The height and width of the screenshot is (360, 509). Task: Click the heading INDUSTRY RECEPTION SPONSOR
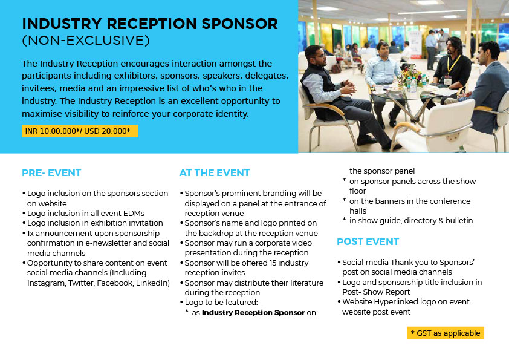[x=150, y=24]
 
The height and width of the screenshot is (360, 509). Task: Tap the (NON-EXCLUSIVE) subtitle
[x=86, y=41]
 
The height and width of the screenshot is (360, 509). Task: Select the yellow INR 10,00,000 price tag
[x=80, y=131]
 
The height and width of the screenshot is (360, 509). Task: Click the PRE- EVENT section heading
[x=51, y=172]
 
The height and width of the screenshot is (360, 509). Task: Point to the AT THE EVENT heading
[x=215, y=172]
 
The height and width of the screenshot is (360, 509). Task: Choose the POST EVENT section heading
[x=368, y=242]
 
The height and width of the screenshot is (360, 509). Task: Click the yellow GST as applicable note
[x=446, y=333]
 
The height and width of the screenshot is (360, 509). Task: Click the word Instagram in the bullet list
[x=47, y=283]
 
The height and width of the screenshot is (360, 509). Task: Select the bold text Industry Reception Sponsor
[x=253, y=313]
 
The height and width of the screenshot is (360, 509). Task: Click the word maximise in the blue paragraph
[x=42, y=114]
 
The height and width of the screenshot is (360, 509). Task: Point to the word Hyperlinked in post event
[x=396, y=302]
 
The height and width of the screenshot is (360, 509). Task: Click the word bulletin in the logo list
[x=459, y=221]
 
